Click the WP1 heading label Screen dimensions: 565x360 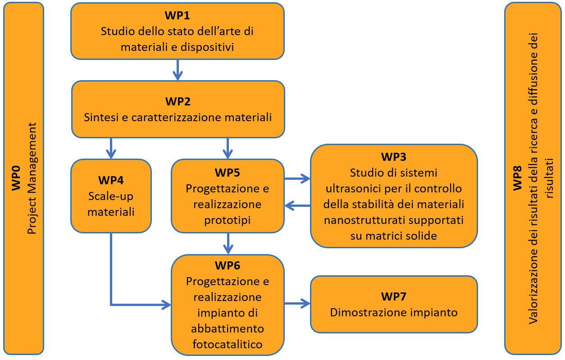[177, 15]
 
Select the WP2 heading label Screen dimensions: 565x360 [178, 101]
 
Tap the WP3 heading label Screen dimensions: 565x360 [393, 157]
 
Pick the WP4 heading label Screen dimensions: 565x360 [111, 180]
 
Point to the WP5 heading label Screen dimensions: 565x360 [227, 173]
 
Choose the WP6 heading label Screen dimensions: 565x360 [228, 265]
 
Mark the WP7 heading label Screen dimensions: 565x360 [393, 296]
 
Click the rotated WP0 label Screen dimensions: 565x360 [16, 178]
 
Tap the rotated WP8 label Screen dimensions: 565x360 [517, 178]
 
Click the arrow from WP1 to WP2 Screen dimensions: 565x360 [178, 70]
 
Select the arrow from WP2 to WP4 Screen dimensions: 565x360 [111, 148]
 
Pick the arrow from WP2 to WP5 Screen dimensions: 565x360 [228, 148]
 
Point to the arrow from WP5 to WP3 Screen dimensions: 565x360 [297, 178]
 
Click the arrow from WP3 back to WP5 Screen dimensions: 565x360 [297, 205]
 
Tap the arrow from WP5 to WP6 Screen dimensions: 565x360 [228, 243]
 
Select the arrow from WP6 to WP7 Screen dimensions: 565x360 [297, 303]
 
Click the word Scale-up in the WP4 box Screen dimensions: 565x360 [111, 196]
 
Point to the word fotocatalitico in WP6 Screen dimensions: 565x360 [228, 344]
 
